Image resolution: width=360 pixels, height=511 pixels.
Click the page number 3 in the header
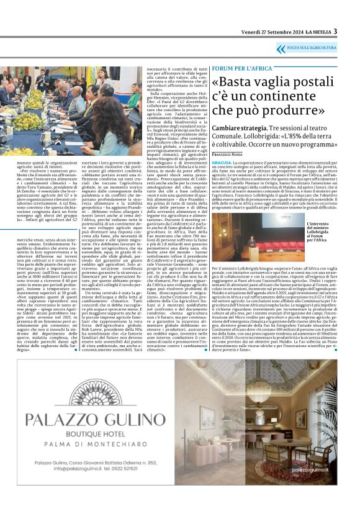335,31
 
